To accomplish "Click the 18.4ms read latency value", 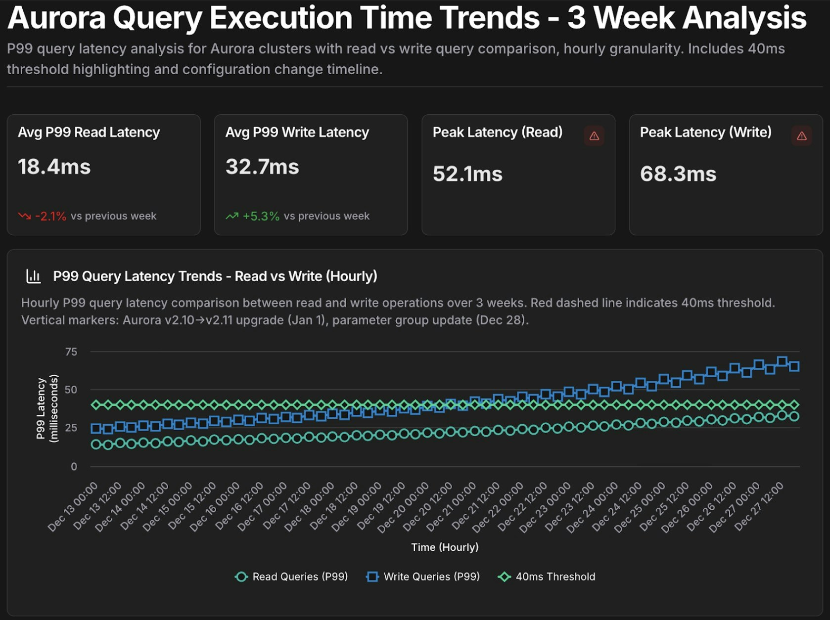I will pos(54,167).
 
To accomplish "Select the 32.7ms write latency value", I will pos(262,167).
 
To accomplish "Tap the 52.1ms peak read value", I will pos(467,174).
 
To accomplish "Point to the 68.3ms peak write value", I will pos(678,174).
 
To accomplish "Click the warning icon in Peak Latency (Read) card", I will pos(594,136).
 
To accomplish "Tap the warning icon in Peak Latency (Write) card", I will pos(801,136).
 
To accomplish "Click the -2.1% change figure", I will pos(50,216).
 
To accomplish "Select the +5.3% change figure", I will pos(261,216).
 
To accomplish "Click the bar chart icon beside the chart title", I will pos(33,276).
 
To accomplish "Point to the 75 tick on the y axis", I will pos(71,352).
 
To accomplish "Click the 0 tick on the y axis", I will pos(74,466).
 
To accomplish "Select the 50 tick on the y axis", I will pos(71,390).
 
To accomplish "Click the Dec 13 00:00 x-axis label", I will pos(73,507).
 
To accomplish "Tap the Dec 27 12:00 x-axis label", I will pos(759,507).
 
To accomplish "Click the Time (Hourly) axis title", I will pos(445,547).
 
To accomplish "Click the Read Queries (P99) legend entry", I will pos(291,576).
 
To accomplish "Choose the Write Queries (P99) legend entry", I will pos(423,576).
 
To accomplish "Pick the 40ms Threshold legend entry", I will pos(547,576).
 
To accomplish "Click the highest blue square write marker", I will pos(782,361).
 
